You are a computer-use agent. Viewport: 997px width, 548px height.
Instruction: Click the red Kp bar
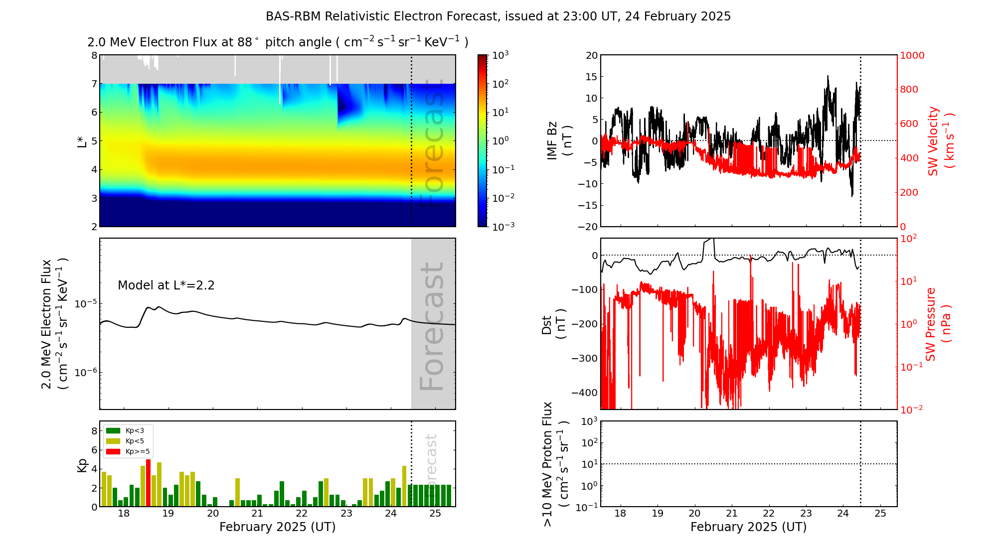148,482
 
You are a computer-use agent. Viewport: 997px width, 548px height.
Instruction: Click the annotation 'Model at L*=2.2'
166,285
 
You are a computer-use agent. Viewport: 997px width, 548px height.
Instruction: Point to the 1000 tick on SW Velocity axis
912,55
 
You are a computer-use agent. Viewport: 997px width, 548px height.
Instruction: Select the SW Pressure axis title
937,324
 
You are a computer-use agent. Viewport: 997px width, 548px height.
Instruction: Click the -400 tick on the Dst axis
584,393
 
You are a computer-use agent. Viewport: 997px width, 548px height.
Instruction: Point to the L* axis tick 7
94,84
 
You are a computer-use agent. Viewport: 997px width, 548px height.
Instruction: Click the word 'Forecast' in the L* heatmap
432,144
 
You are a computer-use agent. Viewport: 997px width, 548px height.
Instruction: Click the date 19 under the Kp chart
168,514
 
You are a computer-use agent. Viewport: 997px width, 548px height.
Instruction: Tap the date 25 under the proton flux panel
880,514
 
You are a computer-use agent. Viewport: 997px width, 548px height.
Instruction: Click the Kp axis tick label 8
94,431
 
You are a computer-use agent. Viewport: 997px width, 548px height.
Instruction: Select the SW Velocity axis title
940,140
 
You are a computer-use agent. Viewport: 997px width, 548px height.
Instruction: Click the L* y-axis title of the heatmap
81,141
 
